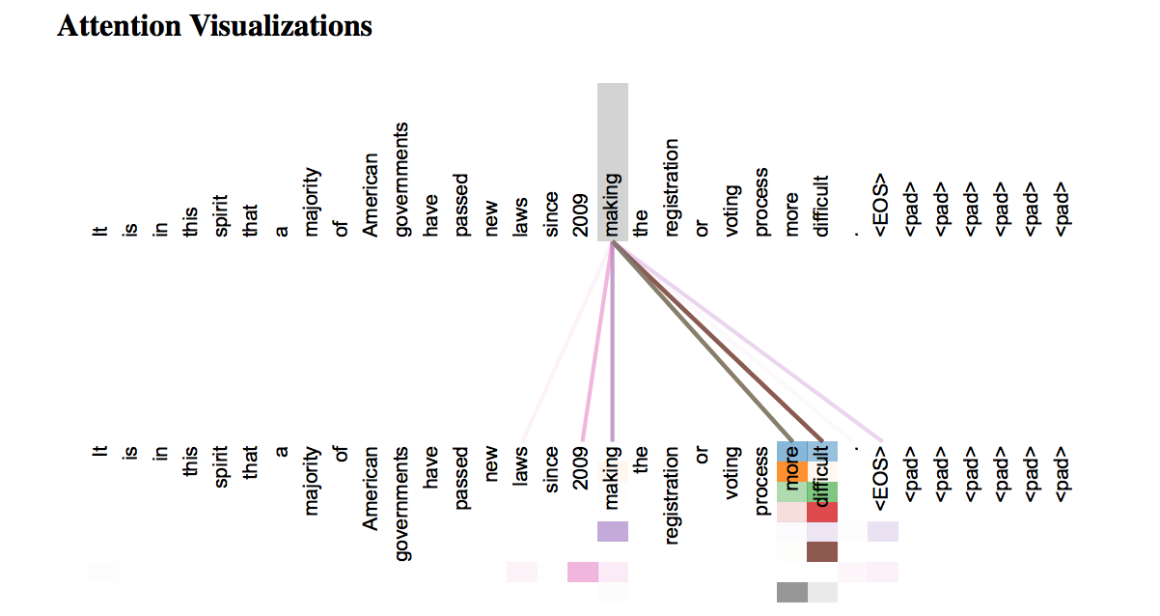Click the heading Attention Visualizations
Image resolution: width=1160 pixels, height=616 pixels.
pyautogui.click(x=214, y=26)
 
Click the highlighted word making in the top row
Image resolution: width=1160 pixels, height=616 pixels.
pyautogui.click(x=613, y=206)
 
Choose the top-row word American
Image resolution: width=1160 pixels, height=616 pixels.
pyautogui.click(x=373, y=194)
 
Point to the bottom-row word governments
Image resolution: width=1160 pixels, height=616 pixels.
pyautogui.click(x=403, y=502)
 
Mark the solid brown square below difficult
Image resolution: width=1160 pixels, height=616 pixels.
pyautogui.click(x=821, y=552)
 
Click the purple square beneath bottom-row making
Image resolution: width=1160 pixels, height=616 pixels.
pyautogui.click(x=613, y=532)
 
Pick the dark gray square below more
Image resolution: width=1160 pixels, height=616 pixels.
pyautogui.click(x=791, y=592)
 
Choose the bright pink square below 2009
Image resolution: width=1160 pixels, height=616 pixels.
pyautogui.click(x=583, y=572)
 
